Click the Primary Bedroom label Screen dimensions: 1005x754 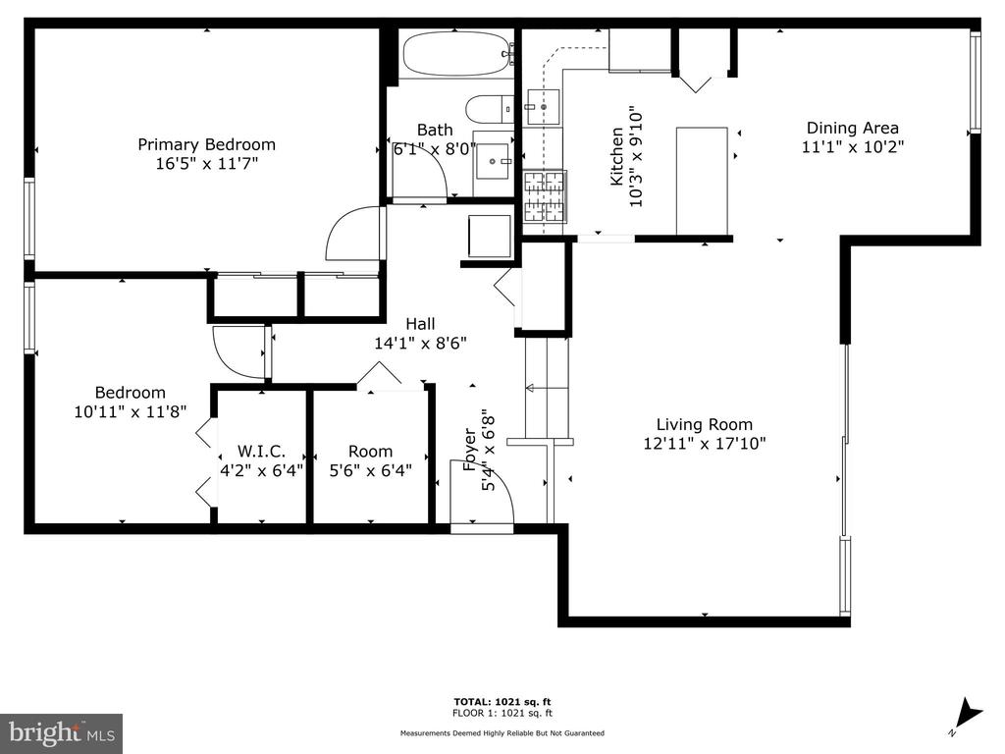pos(206,145)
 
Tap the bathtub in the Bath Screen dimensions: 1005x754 pos(456,54)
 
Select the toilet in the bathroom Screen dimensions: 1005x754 pos(489,110)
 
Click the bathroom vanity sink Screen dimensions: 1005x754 pos(494,161)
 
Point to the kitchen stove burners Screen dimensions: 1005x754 pos(545,196)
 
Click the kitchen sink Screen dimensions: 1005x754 pos(543,107)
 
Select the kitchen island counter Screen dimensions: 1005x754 pos(702,182)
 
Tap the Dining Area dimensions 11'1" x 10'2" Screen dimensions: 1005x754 pos(853,147)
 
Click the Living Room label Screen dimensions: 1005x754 pos(705,424)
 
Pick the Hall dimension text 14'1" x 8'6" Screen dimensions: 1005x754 pos(420,343)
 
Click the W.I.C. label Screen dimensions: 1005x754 pos(261,452)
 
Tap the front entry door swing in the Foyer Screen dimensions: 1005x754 pos(482,493)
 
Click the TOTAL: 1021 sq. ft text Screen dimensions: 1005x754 pos(502,702)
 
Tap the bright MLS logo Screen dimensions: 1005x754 pos(62,732)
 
